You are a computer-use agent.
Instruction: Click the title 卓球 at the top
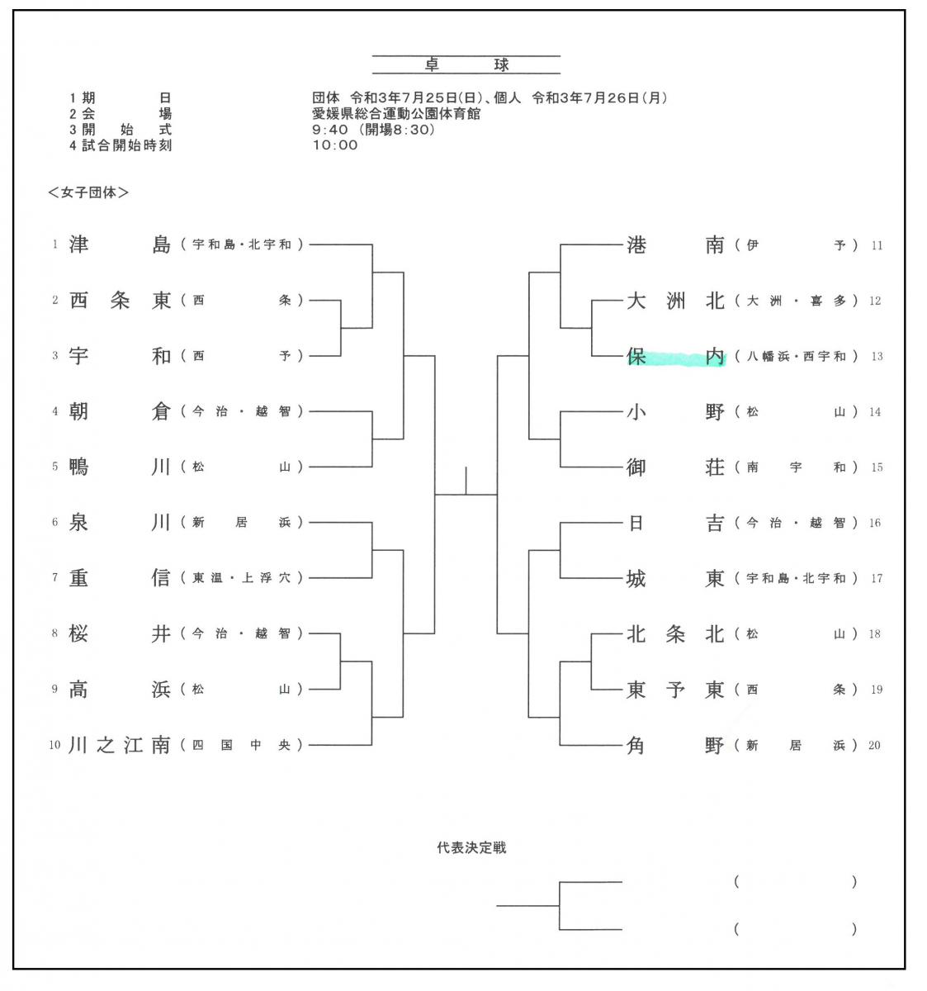tap(466, 65)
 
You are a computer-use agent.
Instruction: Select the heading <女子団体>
tap(88, 192)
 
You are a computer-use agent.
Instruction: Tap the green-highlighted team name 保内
tap(675, 356)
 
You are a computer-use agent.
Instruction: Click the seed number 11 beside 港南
tap(877, 245)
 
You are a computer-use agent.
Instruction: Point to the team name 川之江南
tap(119, 745)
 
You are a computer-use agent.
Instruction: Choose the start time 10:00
tap(335, 145)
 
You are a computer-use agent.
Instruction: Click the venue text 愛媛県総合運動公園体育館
tap(396, 114)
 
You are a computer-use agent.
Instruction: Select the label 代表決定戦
tap(471, 847)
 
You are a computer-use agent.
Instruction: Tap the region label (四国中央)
tap(242, 745)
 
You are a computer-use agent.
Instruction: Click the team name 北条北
tap(675, 633)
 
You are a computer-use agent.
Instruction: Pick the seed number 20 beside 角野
tap(874, 745)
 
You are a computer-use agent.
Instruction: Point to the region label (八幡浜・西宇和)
tap(797, 356)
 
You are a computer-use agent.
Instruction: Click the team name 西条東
tap(120, 301)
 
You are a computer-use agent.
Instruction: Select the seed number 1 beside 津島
tap(54, 244)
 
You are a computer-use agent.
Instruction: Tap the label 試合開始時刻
tap(127, 145)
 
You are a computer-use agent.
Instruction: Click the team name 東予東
tap(675, 690)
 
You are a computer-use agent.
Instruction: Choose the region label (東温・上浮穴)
tap(242, 578)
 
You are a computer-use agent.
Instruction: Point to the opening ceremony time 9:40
tap(330, 130)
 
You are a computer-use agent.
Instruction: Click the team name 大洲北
tap(675, 301)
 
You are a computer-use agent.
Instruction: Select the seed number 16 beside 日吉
tap(875, 523)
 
